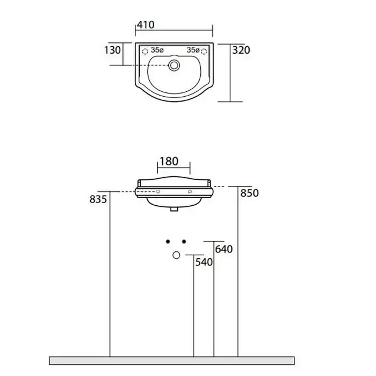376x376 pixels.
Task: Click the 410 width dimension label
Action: point(146,25)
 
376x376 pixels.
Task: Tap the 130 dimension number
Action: point(112,50)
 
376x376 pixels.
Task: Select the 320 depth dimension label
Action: point(241,50)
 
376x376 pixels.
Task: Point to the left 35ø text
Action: point(157,50)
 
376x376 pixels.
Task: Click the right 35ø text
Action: point(193,50)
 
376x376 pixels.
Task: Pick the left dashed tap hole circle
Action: point(145,52)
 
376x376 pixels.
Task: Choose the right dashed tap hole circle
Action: point(204,52)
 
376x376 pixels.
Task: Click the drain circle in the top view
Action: point(174,65)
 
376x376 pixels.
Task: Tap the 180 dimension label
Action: point(169,161)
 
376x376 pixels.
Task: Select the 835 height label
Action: point(98,199)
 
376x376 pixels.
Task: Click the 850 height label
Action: point(250,193)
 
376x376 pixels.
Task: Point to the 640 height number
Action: point(224,249)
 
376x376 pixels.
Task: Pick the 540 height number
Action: point(204,262)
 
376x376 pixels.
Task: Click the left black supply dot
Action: point(168,242)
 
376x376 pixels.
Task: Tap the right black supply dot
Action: point(184,242)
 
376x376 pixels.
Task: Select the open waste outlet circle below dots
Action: point(176,255)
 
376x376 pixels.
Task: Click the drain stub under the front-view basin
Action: point(174,209)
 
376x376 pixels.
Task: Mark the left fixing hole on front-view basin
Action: point(158,192)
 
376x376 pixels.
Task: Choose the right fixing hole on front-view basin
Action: point(190,192)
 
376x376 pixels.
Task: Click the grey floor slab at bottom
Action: point(172,360)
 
